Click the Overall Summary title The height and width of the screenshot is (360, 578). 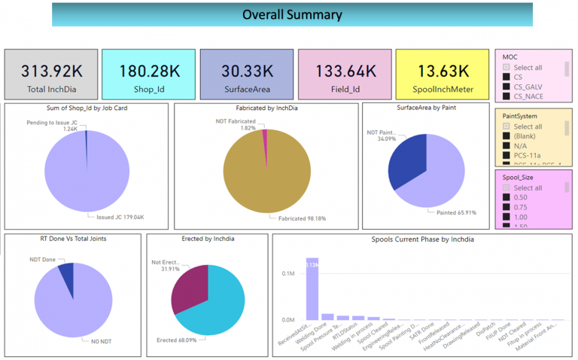click(x=292, y=14)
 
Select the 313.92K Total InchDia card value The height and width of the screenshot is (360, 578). click(x=51, y=71)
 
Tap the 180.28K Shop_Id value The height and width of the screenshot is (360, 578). click(x=149, y=71)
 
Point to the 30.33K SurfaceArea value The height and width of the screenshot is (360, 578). click(x=246, y=71)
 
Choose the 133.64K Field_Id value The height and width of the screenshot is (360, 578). click(x=344, y=71)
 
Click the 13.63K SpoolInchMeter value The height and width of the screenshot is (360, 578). click(x=443, y=71)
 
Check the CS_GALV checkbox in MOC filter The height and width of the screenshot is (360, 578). click(x=507, y=87)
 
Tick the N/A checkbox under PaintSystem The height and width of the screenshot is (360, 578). click(x=507, y=147)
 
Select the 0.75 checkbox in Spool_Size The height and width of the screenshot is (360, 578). click(x=507, y=207)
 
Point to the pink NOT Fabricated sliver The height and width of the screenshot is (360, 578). click(x=264, y=139)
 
